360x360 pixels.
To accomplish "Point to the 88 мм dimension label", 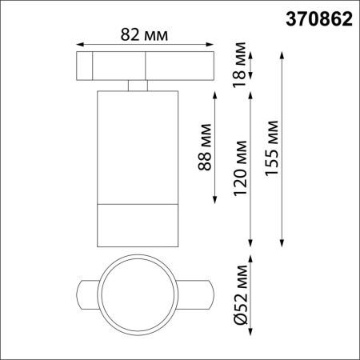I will (x=204, y=146).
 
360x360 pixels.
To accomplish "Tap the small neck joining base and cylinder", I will (x=137, y=84).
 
